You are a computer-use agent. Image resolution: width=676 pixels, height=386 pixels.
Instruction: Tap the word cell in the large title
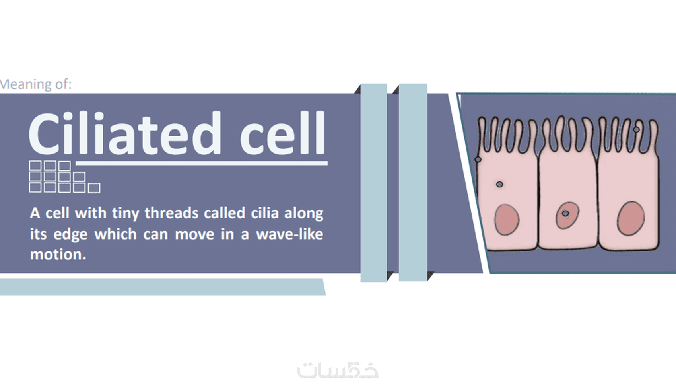pos(282,133)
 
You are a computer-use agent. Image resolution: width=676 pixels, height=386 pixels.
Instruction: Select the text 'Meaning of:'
pos(36,84)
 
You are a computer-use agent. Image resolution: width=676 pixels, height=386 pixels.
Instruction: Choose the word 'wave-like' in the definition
pos(289,234)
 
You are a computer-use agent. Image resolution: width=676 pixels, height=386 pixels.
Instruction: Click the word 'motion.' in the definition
pos(58,255)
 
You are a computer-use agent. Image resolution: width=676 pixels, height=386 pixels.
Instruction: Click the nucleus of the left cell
pos(507,220)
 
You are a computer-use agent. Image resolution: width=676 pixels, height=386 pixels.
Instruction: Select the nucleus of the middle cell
pos(567,215)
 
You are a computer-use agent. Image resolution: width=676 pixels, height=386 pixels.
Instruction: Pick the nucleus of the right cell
pos(631,218)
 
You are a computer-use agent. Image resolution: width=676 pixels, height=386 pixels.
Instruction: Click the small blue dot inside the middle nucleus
pos(565,214)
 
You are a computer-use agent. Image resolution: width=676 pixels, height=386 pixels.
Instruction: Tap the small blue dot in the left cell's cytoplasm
pos(499,184)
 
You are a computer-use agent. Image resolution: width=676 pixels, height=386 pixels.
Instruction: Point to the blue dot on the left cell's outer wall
pos(478,159)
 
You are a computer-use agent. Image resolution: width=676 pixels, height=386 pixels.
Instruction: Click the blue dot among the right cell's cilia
pos(636,129)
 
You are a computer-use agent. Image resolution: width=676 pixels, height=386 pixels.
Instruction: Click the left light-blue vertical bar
pos(374,183)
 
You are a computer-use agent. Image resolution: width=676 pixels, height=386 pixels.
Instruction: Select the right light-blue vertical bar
pos(413,182)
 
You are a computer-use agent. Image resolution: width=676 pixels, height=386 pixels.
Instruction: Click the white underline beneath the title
pos(202,164)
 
